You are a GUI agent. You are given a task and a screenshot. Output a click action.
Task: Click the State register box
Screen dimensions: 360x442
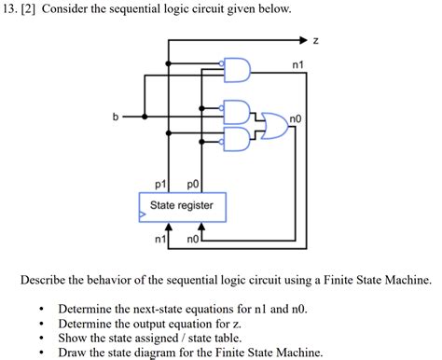click(x=182, y=205)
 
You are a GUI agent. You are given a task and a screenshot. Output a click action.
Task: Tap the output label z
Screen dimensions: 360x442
click(x=316, y=40)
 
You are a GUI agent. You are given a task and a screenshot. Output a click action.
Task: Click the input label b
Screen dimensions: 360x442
click(x=116, y=117)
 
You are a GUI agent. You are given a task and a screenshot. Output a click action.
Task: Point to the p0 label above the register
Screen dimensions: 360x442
click(x=193, y=184)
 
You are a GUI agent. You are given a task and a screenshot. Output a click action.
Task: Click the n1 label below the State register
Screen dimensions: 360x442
click(x=159, y=239)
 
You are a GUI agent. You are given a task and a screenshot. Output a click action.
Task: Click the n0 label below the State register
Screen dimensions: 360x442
click(x=192, y=239)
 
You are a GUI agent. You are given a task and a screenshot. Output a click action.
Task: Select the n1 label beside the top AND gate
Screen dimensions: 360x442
click(x=297, y=64)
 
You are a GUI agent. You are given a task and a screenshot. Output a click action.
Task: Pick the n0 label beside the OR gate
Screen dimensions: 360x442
click(x=297, y=119)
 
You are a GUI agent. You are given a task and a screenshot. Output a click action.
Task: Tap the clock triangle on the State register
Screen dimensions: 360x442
click(x=143, y=215)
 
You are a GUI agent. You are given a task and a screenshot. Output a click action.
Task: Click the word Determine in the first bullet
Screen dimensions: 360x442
click(x=87, y=309)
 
